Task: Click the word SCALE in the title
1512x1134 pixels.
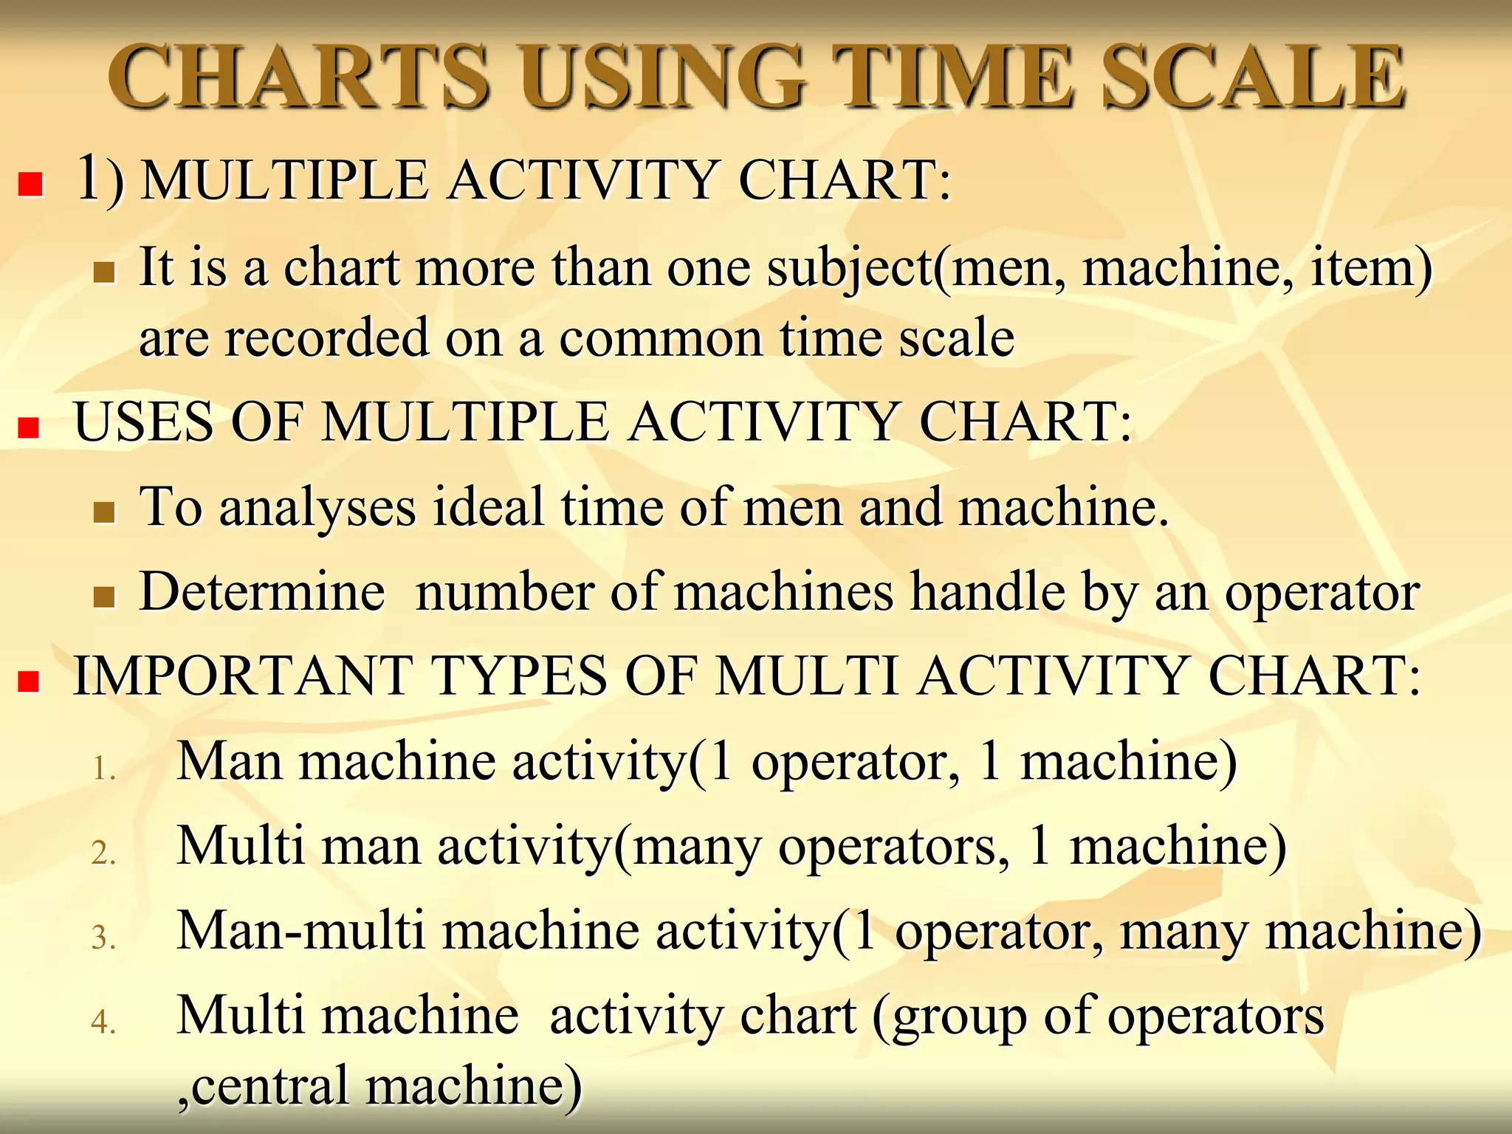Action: click(x=1253, y=77)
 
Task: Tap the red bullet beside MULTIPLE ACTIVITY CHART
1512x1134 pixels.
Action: click(x=30, y=184)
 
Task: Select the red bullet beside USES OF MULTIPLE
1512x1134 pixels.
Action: click(x=29, y=427)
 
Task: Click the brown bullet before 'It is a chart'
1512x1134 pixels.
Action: click(x=105, y=272)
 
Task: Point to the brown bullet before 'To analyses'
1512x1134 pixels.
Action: click(x=105, y=512)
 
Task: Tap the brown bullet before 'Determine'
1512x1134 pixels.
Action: click(x=105, y=597)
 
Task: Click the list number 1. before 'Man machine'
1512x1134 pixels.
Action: click(x=104, y=769)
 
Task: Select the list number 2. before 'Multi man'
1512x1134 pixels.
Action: click(x=104, y=853)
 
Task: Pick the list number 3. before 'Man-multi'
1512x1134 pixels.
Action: click(x=104, y=938)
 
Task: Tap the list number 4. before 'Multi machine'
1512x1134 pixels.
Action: click(x=104, y=1023)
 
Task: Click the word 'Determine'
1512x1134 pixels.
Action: click(x=262, y=592)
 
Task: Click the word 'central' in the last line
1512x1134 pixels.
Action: click(x=269, y=1085)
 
